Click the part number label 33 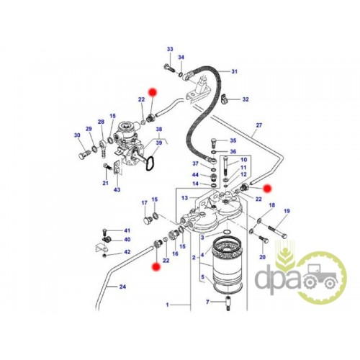point(170,49)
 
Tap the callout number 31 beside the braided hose point(234,71)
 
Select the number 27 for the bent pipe point(259,125)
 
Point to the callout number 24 point(122,287)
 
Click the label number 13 point(184,198)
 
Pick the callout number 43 point(117,190)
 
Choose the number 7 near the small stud point(207,302)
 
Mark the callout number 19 point(287,211)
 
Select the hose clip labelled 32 point(225,98)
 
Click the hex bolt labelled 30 point(84,154)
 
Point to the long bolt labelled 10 point(226,166)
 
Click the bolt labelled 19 point(277,231)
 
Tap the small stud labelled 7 point(227,304)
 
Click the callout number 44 point(196,175)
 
